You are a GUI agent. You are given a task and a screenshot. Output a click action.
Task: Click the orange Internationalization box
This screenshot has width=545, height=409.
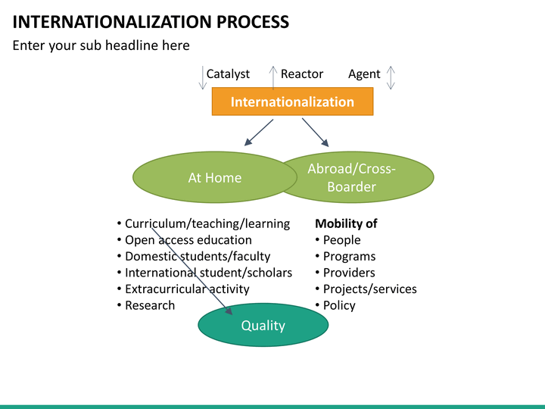click(292, 101)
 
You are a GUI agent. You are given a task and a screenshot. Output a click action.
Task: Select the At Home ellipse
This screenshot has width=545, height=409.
click(214, 178)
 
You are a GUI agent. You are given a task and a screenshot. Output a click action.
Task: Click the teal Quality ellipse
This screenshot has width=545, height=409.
click(263, 326)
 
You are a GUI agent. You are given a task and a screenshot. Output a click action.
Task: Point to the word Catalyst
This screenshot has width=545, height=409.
click(228, 73)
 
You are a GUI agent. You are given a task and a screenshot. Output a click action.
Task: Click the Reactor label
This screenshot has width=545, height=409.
click(301, 73)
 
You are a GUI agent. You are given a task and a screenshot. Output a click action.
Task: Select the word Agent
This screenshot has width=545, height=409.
click(364, 73)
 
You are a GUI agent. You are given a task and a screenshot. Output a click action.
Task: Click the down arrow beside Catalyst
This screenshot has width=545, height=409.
click(202, 77)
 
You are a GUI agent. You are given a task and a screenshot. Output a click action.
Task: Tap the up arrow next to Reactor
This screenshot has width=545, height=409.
click(273, 77)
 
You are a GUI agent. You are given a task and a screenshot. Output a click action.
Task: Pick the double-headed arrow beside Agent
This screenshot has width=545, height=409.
click(391, 77)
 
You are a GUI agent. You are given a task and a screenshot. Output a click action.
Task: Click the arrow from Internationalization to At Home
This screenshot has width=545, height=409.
click(258, 132)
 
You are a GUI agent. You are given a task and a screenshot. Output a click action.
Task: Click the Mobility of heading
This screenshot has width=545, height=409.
click(345, 223)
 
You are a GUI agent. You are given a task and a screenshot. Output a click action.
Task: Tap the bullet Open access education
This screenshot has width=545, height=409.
click(188, 240)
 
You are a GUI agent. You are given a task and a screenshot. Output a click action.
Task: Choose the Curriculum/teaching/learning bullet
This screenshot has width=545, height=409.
click(207, 223)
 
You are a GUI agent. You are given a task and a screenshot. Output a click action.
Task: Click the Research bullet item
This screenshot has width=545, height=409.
click(149, 305)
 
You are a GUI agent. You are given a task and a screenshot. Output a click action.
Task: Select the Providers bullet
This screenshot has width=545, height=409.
click(349, 273)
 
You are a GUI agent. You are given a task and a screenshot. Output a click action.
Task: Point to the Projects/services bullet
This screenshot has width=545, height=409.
click(369, 289)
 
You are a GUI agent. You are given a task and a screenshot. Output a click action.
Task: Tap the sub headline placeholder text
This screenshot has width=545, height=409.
click(101, 45)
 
